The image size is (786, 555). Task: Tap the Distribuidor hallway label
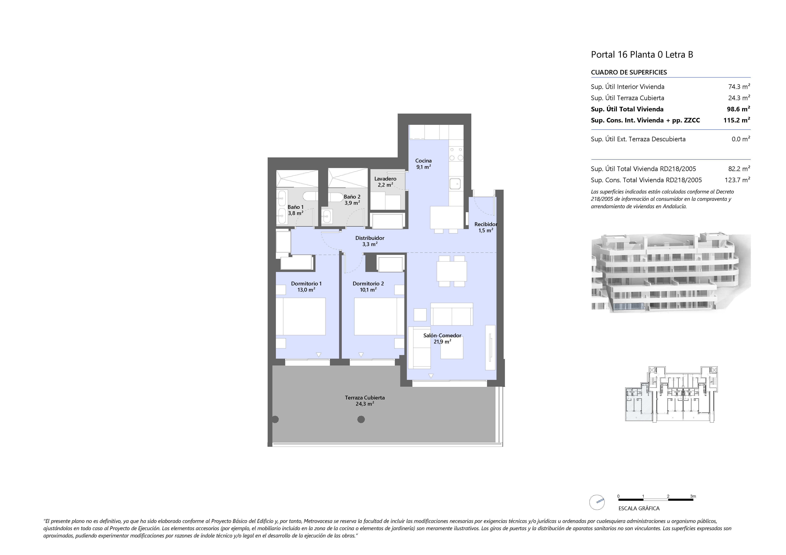pyautogui.click(x=370, y=238)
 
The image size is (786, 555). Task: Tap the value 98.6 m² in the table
pyautogui.click(x=738, y=109)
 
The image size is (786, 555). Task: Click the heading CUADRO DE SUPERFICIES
pyautogui.click(x=629, y=72)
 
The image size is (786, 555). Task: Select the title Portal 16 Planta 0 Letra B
pyautogui.click(x=642, y=55)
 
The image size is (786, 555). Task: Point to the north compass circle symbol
pyautogui.click(x=597, y=503)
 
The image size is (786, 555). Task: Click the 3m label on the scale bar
pyautogui.click(x=693, y=496)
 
